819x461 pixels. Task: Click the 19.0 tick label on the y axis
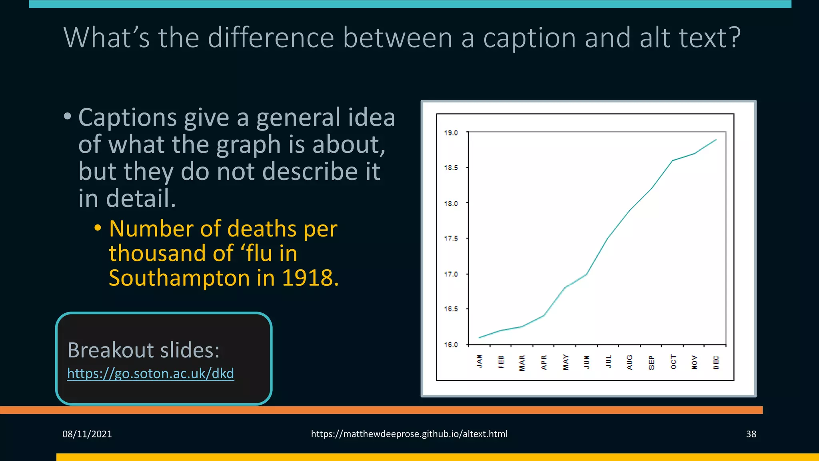(x=451, y=133)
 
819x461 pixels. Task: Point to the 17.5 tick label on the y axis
(x=451, y=239)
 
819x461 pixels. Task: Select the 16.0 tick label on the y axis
(x=451, y=345)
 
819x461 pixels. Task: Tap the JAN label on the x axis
(x=479, y=361)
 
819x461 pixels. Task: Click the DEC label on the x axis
(x=716, y=362)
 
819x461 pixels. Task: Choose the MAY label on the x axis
(x=565, y=362)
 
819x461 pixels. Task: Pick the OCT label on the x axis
(x=673, y=362)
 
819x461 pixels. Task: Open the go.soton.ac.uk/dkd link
(x=150, y=373)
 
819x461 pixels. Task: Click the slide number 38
(x=751, y=434)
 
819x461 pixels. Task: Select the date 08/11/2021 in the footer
(x=87, y=434)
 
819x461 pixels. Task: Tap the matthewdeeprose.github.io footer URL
(x=409, y=434)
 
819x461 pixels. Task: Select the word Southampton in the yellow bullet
(x=179, y=278)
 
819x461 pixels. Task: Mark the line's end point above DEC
(x=716, y=140)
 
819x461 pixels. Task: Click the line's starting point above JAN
(x=479, y=338)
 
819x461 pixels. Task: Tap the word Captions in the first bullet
(x=128, y=118)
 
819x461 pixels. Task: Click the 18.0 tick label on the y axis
(x=451, y=203)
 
